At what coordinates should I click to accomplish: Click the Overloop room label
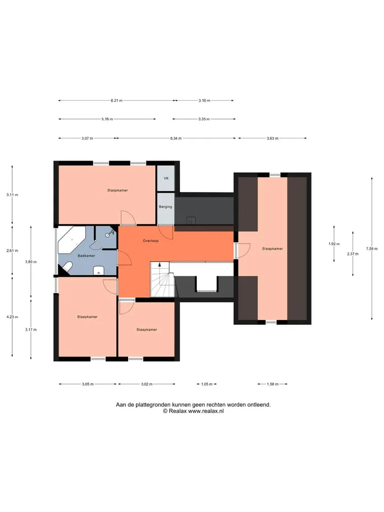pos(150,241)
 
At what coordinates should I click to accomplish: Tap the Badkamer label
pos(86,256)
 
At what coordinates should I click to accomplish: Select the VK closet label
pos(166,179)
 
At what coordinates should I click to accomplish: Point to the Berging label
pos(165,207)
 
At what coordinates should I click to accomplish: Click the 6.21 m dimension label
pos(117,101)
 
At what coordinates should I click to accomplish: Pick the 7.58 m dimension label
pos(372,249)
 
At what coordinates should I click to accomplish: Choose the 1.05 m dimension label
pos(207,385)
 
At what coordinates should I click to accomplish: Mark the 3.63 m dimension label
pos(273,139)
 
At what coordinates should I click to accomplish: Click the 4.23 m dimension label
pos(12,317)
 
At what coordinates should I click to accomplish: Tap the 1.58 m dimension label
pos(273,385)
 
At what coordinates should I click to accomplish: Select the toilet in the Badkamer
pos(67,267)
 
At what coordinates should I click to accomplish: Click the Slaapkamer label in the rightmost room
pos(273,249)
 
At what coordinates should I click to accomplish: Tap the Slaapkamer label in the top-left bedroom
pos(117,190)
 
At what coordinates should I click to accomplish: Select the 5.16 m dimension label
pos(107,119)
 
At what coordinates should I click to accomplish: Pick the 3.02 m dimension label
pos(147,385)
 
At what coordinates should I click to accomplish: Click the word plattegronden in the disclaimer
pos(153,405)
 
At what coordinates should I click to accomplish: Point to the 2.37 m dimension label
pos(353,254)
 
